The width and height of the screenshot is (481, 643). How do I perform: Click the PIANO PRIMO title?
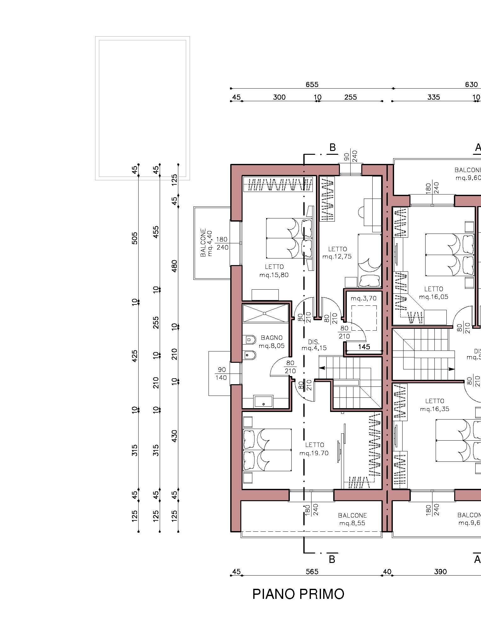pyautogui.click(x=298, y=594)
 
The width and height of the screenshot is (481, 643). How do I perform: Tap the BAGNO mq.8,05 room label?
pyautogui.click(x=272, y=342)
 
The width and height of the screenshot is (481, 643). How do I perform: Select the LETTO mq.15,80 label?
pyautogui.click(x=274, y=271)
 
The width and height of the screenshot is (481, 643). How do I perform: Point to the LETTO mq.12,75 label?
pyautogui.click(x=337, y=253)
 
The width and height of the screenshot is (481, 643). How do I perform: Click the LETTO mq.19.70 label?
pyautogui.click(x=314, y=449)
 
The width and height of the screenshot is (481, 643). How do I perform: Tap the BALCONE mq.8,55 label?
pyautogui.click(x=352, y=520)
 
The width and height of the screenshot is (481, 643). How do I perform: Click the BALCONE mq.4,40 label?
pyautogui.click(x=207, y=242)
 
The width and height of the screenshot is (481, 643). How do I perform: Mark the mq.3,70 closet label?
pyautogui.click(x=364, y=298)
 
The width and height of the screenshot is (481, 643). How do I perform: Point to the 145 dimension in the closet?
pyautogui.click(x=364, y=347)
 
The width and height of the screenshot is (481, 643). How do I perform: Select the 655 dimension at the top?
pyautogui.click(x=312, y=84)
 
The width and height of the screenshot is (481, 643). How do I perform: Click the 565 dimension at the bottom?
pyautogui.click(x=312, y=571)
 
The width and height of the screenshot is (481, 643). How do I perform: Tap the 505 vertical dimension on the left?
pyautogui.click(x=135, y=238)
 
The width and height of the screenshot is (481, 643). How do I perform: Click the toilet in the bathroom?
pyautogui.click(x=249, y=340)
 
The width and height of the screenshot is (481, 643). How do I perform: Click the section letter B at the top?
pyautogui.click(x=332, y=148)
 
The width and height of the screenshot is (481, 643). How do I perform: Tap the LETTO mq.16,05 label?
pyautogui.click(x=434, y=293)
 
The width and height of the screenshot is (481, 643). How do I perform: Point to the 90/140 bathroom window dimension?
pyautogui.click(x=221, y=373)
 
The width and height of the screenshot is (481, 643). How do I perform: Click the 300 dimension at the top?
pyautogui.click(x=279, y=97)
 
